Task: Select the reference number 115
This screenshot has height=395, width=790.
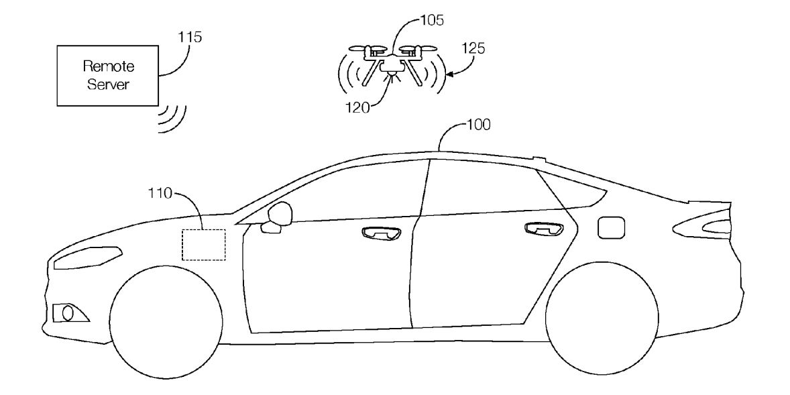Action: pos(189,38)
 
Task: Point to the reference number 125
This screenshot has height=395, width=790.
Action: pos(475,48)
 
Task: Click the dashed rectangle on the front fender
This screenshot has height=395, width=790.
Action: pos(203,244)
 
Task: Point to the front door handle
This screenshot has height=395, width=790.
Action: pos(380,233)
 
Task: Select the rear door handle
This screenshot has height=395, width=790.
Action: pos(542,229)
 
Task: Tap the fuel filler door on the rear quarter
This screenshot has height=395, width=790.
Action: pos(610,226)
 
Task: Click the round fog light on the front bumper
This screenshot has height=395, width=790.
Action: pos(66,312)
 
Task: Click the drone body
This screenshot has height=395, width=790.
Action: pos(390,64)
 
